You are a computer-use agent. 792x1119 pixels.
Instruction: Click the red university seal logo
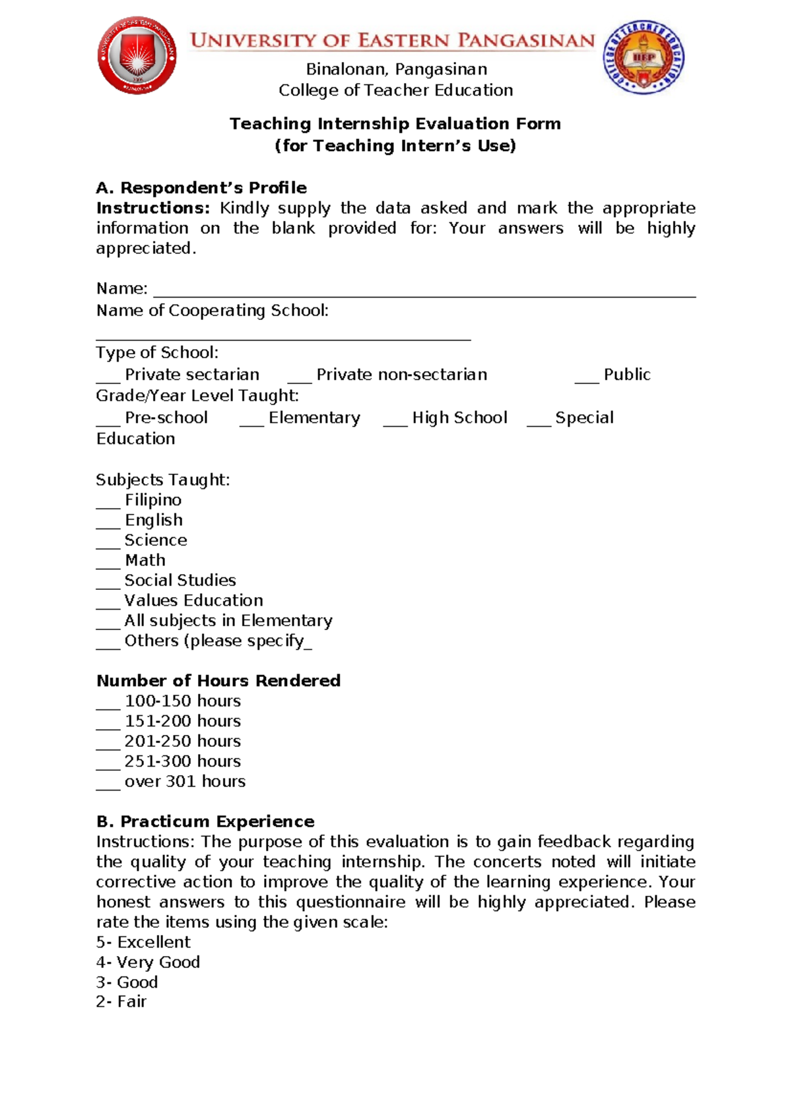(137, 56)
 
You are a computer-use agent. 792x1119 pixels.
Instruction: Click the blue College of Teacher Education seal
(643, 57)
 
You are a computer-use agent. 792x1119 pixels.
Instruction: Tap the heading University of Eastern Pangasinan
(393, 41)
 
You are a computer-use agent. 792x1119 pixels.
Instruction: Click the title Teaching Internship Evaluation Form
(395, 124)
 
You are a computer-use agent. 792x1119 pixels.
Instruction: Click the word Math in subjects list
(145, 560)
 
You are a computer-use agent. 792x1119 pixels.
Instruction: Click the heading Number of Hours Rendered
(218, 681)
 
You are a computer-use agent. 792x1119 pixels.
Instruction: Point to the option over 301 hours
(185, 781)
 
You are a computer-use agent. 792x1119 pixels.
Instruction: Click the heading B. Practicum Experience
(205, 821)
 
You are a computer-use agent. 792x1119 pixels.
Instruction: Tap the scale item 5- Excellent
(143, 942)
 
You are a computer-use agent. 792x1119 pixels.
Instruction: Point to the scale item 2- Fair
(121, 1002)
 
